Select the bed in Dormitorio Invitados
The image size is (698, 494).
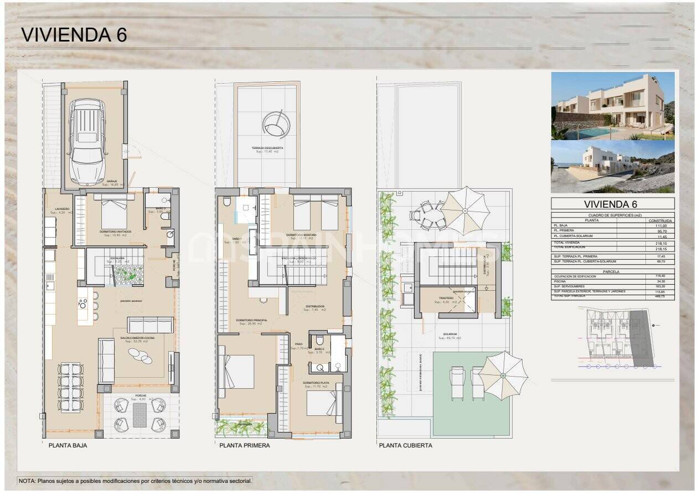[114, 212]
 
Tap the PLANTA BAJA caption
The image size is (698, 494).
[68, 445]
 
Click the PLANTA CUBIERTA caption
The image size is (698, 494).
[406, 445]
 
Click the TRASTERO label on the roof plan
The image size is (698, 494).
[446, 298]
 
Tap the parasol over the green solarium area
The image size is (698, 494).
[503, 375]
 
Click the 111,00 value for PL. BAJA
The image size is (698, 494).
[661, 225]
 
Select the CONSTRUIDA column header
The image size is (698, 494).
[661, 220]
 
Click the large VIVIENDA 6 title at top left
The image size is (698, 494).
[74, 34]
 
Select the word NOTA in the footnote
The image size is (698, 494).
[27, 481]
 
